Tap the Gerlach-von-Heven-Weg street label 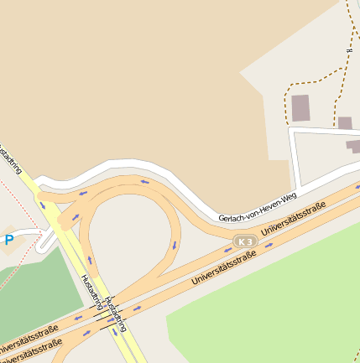(x=258, y=208)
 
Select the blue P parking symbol (x=9, y=241)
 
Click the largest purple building (x=300, y=108)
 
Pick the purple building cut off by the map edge (x=354, y=146)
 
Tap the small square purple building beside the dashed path (x=345, y=123)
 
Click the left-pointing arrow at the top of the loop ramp (x=143, y=182)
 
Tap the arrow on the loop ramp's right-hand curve (x=175, y=246)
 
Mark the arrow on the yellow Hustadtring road (x=43, y=205)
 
